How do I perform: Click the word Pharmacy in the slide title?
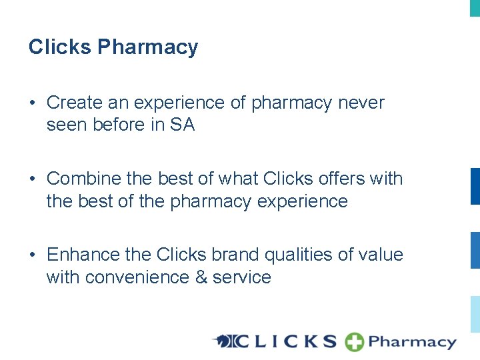(x=148, y=47)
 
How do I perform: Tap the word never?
(x=361, y=103)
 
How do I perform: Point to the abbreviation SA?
(x=182, y=125)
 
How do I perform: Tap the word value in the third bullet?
(x=381, y=255)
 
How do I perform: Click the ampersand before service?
(x=201, y=277)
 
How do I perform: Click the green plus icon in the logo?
(x=354, y=342)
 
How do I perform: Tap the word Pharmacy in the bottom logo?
(x=411, y=343)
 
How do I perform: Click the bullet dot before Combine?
(x=32, y=179)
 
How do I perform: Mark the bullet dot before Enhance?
(x=32, y=255)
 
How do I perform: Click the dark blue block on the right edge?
(x=475, y=186)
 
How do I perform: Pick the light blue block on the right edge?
(x=475, y=314)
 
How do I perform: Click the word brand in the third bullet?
(x=237, y=255)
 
